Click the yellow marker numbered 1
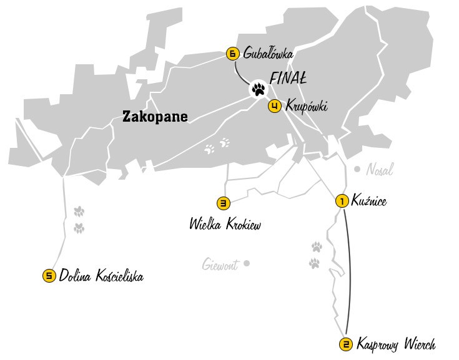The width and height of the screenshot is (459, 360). pyautogui.click(x=342, y=201)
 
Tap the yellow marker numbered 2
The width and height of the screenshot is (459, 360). pyautogui.click(x=345, y=344)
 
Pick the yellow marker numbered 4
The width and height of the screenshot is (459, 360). pyautogui.click(x=274, y=107)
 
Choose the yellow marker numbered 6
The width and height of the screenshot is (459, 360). pyautogui.click(x=232, y=54)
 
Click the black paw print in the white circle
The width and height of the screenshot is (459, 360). pyautogui.click(x=258, y=89)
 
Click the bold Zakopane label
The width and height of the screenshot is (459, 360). pyautogui.click(x=155, y=116)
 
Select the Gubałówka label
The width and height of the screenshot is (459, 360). pyautogui.click(x=269, y=54)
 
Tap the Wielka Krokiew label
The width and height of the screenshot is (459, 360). pyautogui.click(x=225, y=224)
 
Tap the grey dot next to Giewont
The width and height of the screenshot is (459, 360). pyautogui.click(x=247, y=263)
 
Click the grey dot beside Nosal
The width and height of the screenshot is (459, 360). pyautogui.click(x=357, y=168)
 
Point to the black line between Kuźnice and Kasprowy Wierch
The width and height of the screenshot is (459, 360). pyautogui.click(x=349, y=268)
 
